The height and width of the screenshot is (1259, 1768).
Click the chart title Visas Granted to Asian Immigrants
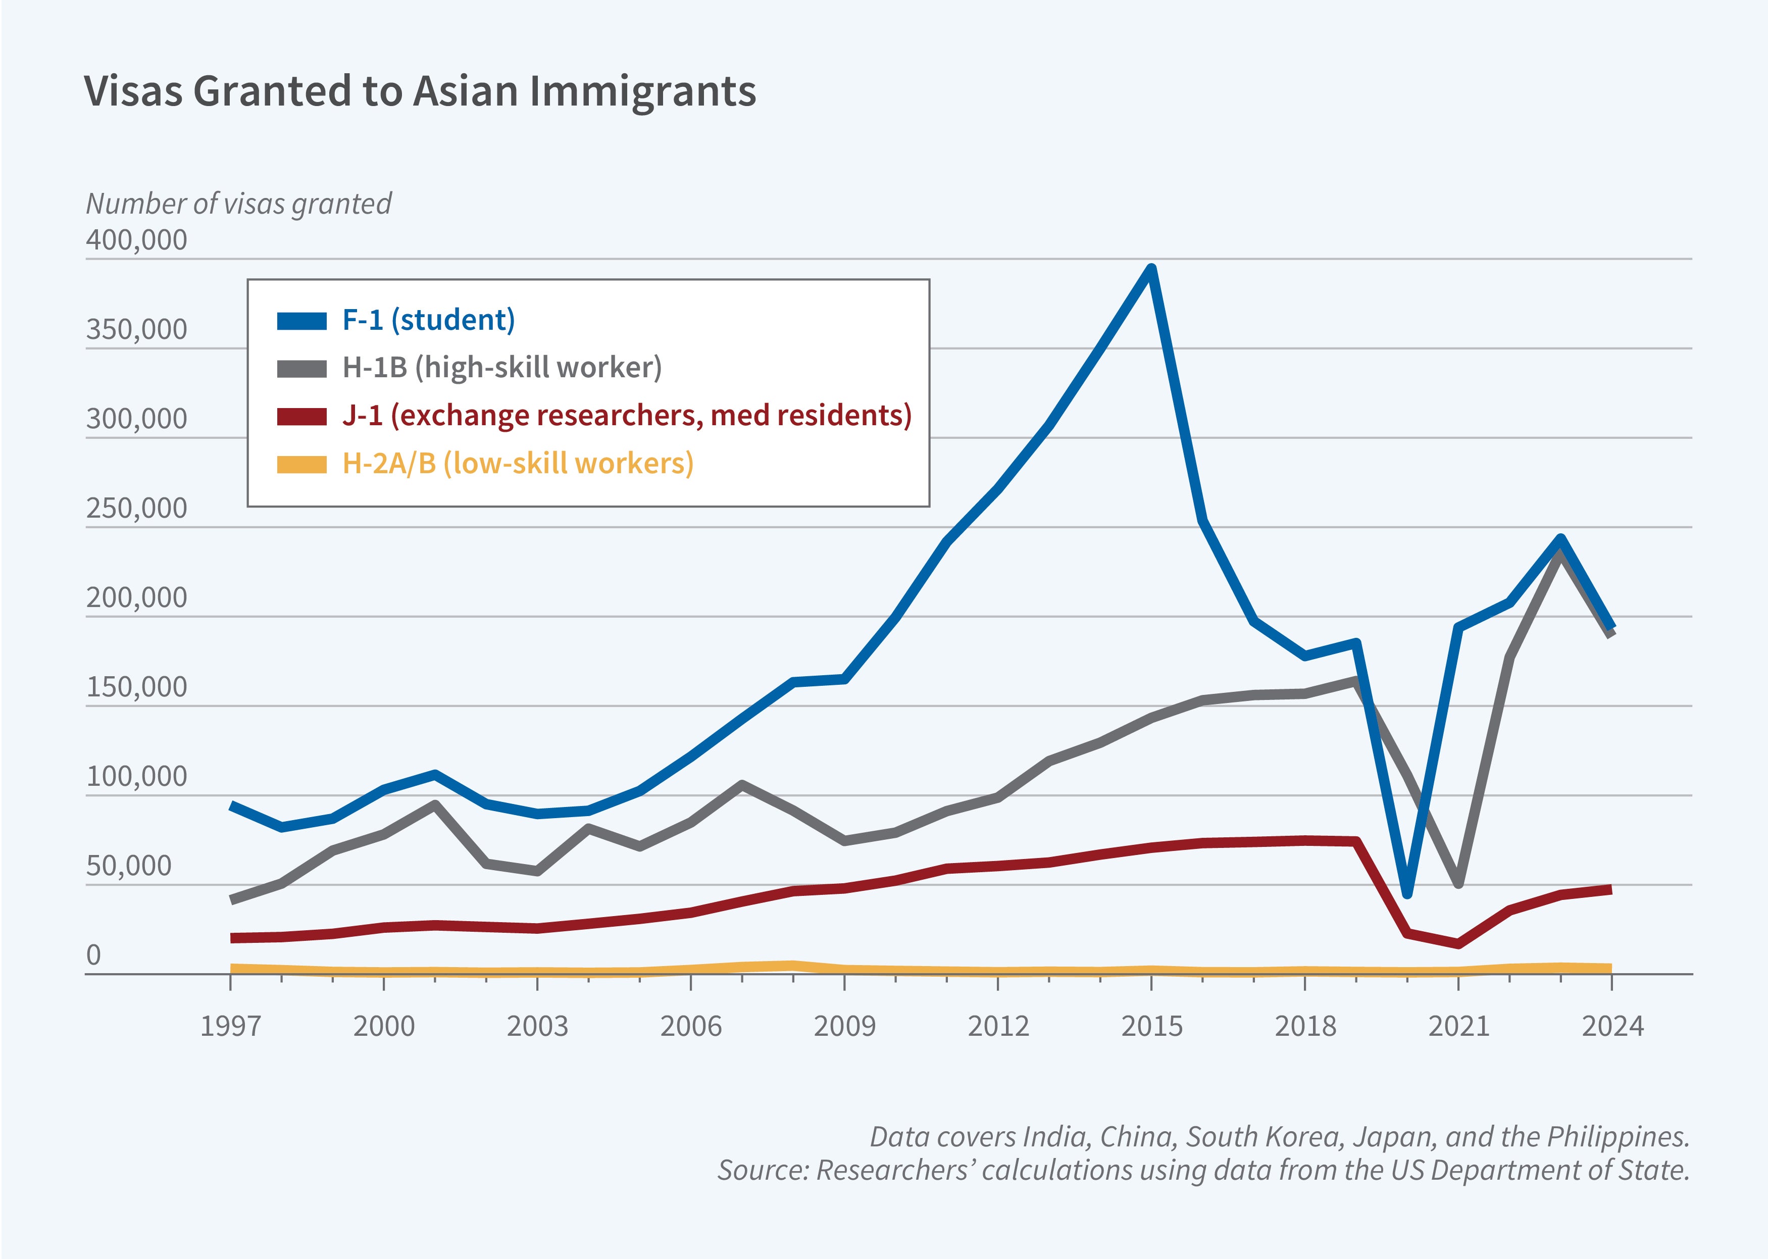click(419, 91)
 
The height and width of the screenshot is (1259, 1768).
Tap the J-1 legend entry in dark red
click(626, 416)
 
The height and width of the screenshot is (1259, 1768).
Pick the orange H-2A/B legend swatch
click(301, 465)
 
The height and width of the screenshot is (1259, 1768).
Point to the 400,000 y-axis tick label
click(136, 240)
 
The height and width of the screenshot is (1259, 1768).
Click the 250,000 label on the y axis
click(136, 509)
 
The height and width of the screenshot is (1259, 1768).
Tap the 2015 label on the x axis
click(1152, 1026)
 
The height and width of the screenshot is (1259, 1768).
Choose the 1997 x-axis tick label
click(231, 1026)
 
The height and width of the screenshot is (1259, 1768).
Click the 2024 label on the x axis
click(1612, 1026)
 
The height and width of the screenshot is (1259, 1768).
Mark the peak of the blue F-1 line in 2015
click(1152, 269)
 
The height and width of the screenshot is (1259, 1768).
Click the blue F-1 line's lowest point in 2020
click(1407, 894)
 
